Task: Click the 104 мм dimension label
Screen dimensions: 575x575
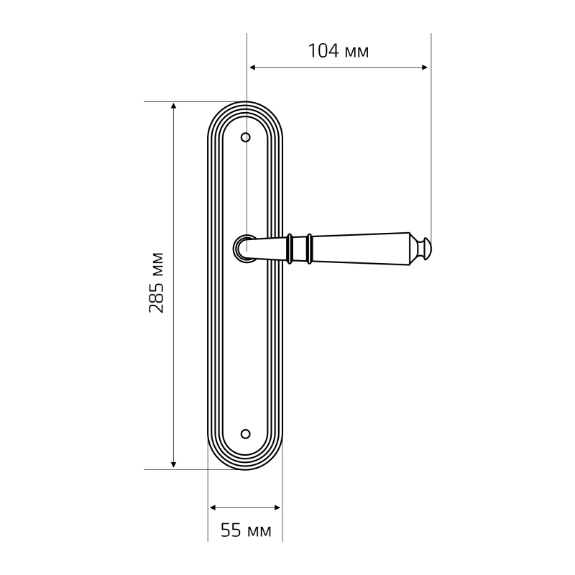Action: pyautogui.click(x=338, y=51)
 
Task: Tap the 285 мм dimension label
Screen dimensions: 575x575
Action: pyautogui.click(x=156, y=282)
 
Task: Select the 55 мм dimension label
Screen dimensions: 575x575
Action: pyautogui.click(x=246, y=530)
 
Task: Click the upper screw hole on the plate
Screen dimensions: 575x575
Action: pyautogui.click(x=245, y=137)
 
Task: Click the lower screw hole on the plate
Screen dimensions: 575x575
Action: pyautogui.click(x=245, y=434)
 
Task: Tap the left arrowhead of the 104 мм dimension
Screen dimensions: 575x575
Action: pyautogui.click(x=252, y=68)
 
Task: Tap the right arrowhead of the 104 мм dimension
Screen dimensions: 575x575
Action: pyautogui.click(x=424, y=68)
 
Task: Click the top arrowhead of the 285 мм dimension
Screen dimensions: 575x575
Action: pyautogui.click(x=174, y=106)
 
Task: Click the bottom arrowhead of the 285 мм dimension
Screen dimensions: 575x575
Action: pyautogui.click(x=174, y=464)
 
